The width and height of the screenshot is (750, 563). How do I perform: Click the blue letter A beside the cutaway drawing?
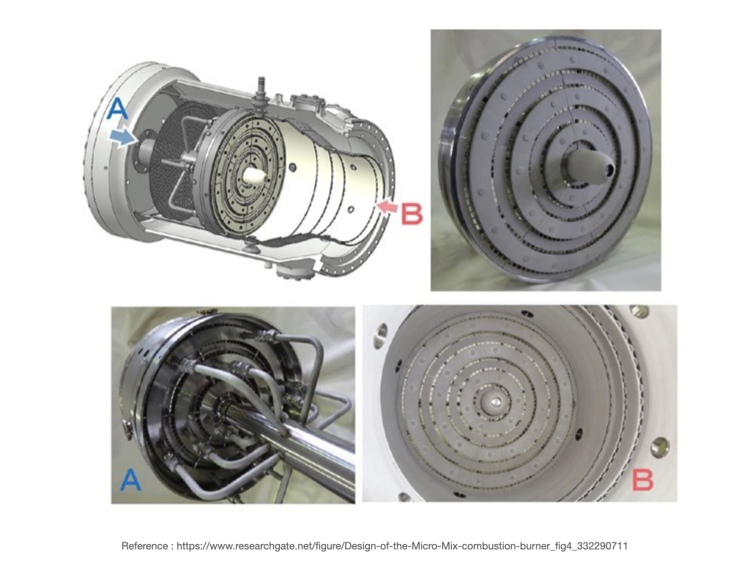click(x=118, y=108)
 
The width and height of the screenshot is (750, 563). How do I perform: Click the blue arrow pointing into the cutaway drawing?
click(x=122, y=137)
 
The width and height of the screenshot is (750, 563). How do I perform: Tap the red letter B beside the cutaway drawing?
click(x=412, y=214)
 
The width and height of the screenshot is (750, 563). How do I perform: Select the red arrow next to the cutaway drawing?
click(x=387, y=207)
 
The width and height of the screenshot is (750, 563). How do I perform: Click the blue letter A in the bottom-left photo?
click(x=130, y=479)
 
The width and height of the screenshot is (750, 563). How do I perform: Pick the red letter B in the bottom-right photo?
click(x=642, y=479)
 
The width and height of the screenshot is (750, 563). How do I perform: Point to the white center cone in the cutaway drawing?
click(x=253, y=174)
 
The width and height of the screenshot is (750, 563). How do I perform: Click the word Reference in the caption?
click(x=144, y=545)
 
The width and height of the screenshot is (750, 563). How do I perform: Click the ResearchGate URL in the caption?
click(x=402, y=545)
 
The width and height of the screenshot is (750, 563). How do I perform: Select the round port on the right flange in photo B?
click(x=661, y=446)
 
